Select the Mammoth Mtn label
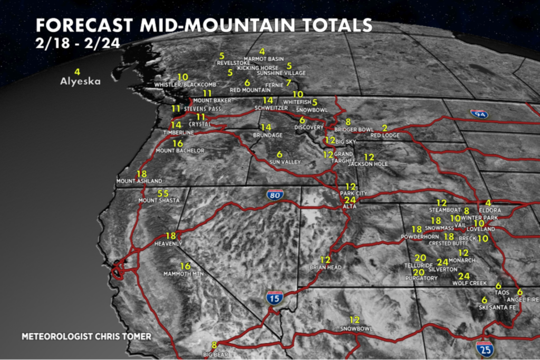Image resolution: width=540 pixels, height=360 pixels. [185, 274]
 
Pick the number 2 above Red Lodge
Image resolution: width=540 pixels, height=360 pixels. [384, 128]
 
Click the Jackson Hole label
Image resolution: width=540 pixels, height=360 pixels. [368, 164]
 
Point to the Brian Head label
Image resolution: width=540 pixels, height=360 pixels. [325, 268]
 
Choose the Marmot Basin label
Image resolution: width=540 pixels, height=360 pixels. [264, 59]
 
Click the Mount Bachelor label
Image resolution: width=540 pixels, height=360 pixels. [180, 151]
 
